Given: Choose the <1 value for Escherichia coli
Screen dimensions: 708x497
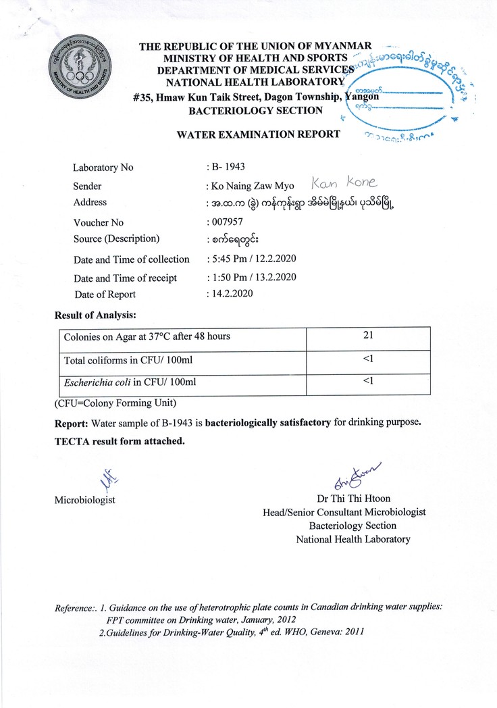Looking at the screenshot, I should pyautogui.click(x=368, y=382).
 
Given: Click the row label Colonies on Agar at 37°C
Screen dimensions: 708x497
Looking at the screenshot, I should pyautogui.click(x=147, y=336).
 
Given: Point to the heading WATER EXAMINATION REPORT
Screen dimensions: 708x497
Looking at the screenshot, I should pyautogui.click(x=259, y=134).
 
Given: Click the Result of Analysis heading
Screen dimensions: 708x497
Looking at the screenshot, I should pyautogui.click(x=95, y=315).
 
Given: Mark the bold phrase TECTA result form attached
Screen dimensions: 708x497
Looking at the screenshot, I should pyautogui.click(x=119, y=441).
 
